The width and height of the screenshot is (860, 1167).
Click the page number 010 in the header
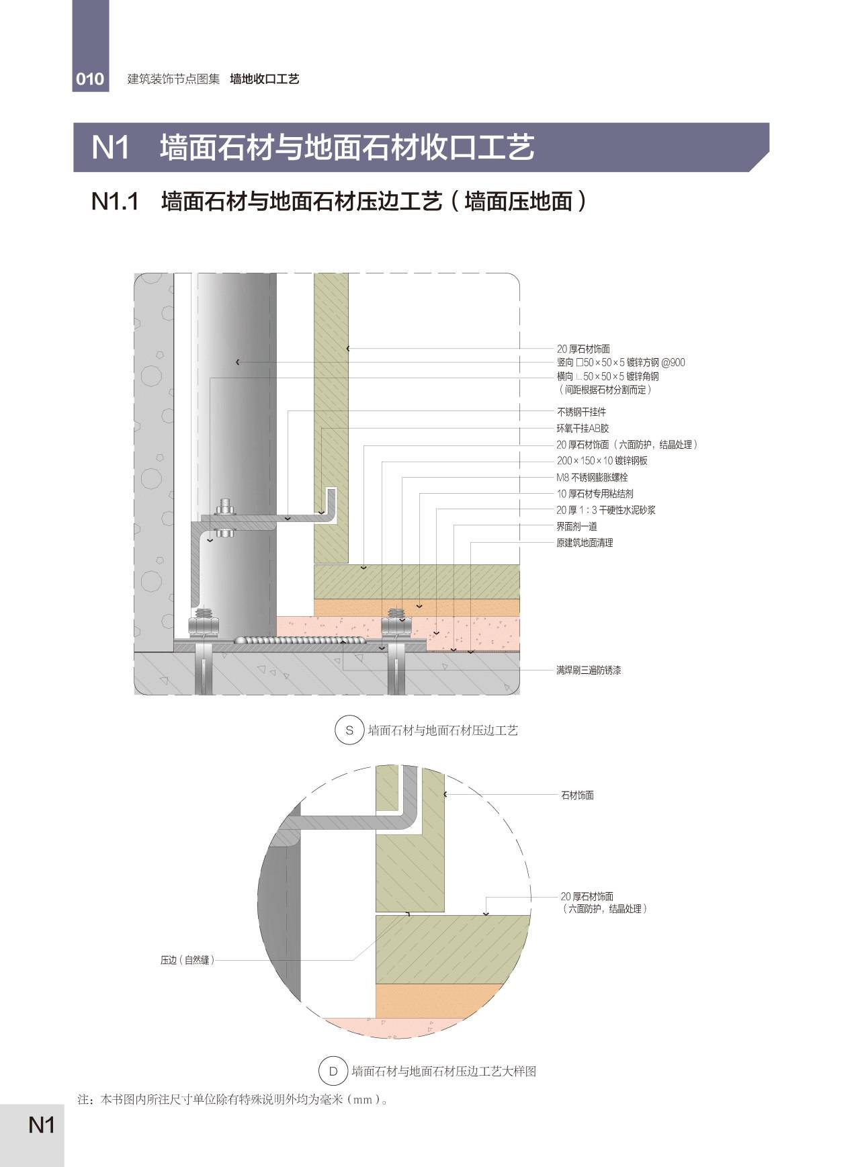[90, 79]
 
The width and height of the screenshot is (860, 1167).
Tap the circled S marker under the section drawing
[349, 730]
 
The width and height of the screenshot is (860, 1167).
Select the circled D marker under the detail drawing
[333, 1071]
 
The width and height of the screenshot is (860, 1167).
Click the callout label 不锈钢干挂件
[581, 412]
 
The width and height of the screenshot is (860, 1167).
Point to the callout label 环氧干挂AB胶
[583, 428]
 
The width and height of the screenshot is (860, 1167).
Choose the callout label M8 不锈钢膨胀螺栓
[592, 477]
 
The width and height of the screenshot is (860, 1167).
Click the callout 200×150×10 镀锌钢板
[602, 461]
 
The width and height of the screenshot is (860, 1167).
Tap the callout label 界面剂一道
[576, 526]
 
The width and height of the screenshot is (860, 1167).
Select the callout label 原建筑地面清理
[585, 542]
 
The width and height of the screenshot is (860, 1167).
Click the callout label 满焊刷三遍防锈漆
[589, 670]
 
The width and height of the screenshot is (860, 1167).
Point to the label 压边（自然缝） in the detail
[187, 960]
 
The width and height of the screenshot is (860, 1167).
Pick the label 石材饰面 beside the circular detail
[577, 795]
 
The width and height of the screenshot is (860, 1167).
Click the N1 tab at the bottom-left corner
[42, 1125]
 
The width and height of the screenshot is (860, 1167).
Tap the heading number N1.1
[115, 201]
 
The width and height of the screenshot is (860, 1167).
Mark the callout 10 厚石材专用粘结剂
[595, 493]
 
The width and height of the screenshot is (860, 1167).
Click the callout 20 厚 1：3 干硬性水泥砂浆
[605, 510]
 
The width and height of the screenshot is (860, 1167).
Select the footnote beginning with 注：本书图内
[233, 1100]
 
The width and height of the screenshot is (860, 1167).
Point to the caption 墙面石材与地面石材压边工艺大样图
[444, 1071]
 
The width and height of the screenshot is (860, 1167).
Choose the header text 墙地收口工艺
[265, 79]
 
